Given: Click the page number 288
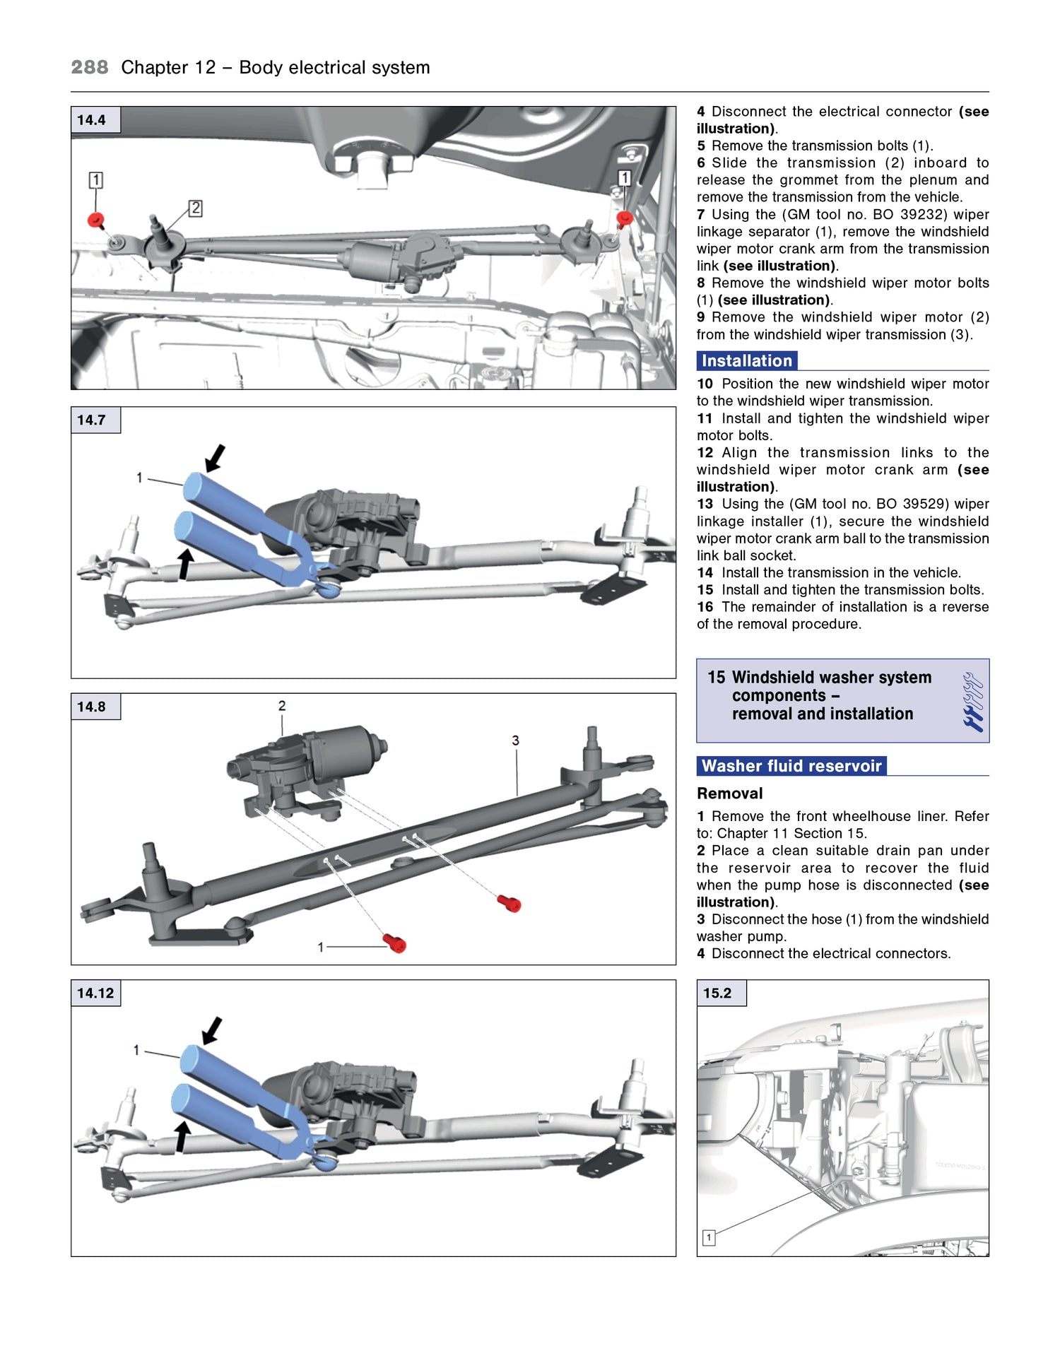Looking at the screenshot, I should point(90,67).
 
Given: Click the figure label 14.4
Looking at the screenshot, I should point(92,120).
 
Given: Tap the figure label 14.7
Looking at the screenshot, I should point(92,420).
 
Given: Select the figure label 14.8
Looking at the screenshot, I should point(92,707).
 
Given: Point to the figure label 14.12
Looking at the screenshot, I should point(95,993).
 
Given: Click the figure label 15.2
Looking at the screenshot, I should point(717,993).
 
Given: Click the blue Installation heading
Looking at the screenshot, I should point(747,361).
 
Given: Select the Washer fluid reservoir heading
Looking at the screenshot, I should point(791,766).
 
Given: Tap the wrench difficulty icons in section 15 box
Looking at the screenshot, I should point(973,701).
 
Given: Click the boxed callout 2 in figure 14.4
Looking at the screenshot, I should point(196,208).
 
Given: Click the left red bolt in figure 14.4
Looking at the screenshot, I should point(96,220).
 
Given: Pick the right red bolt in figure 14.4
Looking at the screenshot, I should point(624,218).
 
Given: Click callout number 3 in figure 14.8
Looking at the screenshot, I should point(516,740).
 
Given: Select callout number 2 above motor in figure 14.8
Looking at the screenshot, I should point(282,706).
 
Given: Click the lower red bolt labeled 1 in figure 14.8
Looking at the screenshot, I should point(395,943).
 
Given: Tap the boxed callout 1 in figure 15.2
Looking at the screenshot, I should point(709,1237).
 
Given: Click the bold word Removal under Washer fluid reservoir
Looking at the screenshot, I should point(730,793).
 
